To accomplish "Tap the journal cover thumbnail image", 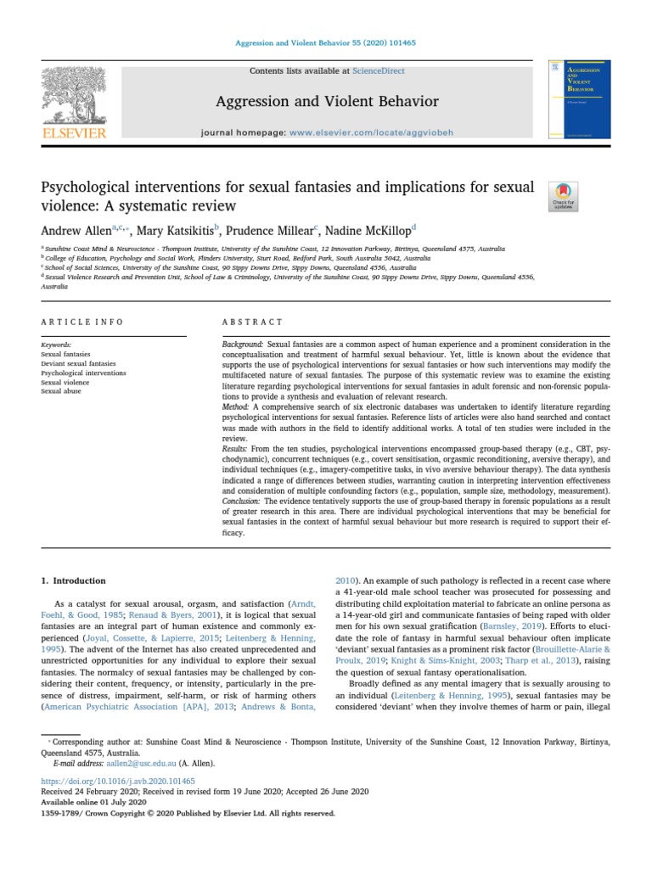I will coord(579,99).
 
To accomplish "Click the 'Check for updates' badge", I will coord(564,196).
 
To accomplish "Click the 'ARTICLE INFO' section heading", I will coord(82,322).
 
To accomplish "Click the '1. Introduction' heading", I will coord(74,580).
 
